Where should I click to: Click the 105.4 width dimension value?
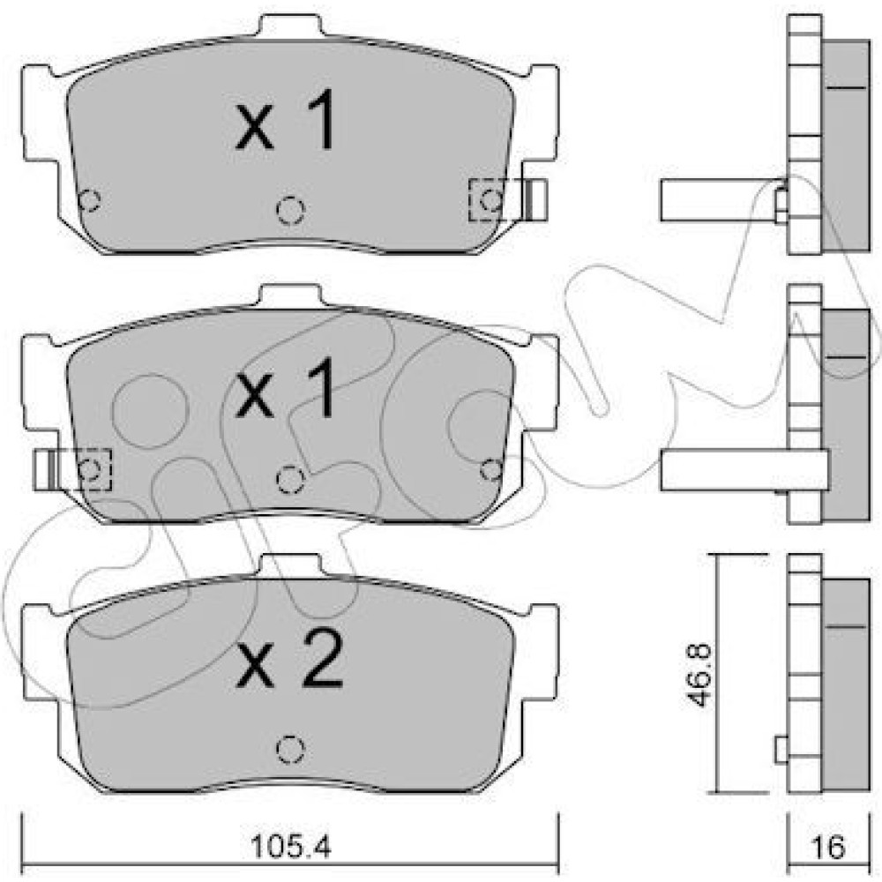coord(291,847)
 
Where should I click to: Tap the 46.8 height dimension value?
coord(701,676)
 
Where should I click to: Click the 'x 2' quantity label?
coord(289,658)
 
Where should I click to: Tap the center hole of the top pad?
coord(291,211)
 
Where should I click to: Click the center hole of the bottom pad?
coord(291,749)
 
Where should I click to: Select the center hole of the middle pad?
coord(291,480)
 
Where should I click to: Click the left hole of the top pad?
coord(89,199)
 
